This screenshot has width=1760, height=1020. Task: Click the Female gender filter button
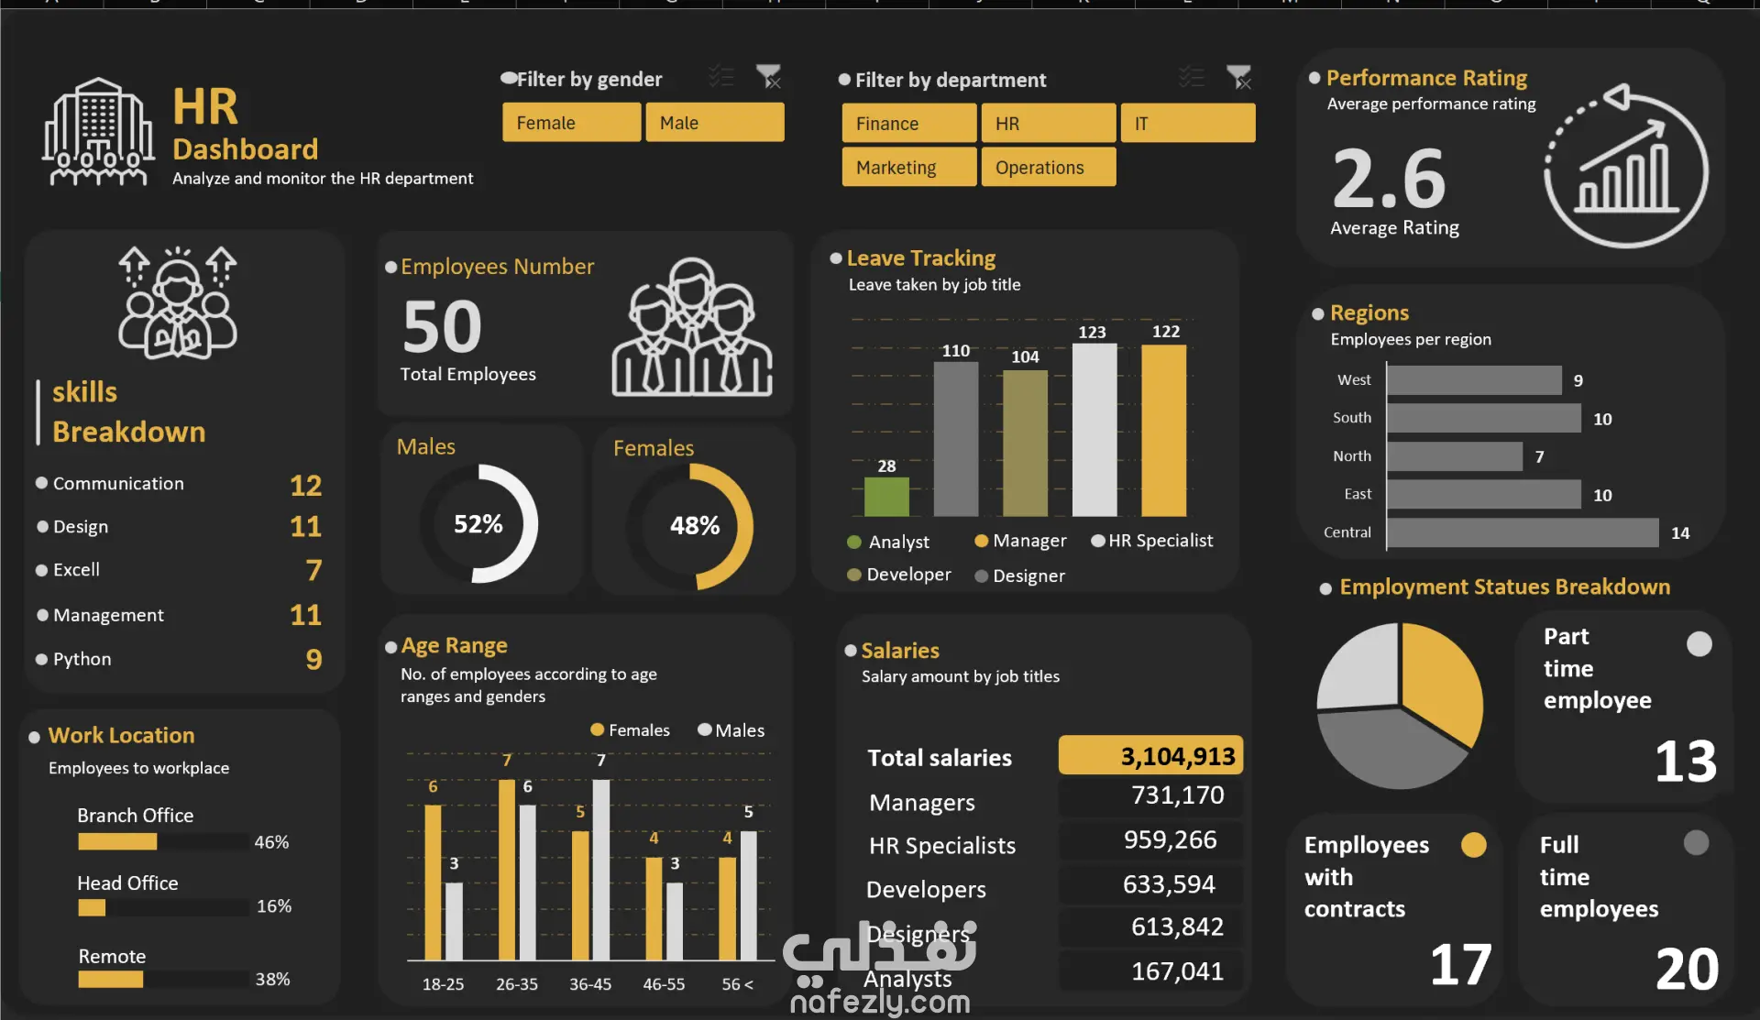[571, 123]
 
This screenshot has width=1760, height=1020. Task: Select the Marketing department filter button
[908, 168]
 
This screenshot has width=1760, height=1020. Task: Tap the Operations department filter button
[1048, 168]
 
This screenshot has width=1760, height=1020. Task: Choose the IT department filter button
[1187, 123]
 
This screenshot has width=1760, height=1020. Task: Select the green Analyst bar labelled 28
[886, 496]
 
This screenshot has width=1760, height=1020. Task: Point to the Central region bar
[1522, 532]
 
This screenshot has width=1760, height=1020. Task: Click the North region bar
[1454, 456]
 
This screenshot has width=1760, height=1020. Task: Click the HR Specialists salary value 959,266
[1170, 840]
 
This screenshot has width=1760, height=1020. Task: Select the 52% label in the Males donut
[478, 524]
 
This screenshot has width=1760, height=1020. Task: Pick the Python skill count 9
[313, 659]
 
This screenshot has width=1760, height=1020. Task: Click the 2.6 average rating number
[1389, 179]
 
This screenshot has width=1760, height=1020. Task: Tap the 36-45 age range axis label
[590, 984]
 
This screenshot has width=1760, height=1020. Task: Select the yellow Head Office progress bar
[92, 907]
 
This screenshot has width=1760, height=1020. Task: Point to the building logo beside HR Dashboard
[98, 133]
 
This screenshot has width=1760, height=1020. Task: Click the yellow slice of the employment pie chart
[1439, 678]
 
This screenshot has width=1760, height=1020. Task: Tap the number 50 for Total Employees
[443, 327]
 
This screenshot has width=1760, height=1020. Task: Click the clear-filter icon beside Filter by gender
[768, 77]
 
